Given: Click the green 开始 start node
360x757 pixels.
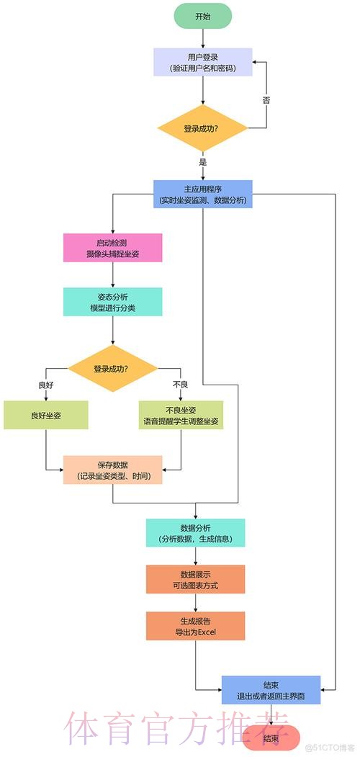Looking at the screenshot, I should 202,16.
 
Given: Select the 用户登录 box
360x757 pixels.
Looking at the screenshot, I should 202,62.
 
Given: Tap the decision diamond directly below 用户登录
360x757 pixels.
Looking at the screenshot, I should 202,128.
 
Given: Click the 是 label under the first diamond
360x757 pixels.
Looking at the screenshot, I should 203,162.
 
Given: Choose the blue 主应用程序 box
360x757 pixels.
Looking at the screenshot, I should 202,194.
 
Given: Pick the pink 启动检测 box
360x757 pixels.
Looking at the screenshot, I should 112,248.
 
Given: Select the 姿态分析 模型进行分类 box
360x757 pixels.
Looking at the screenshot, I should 112,302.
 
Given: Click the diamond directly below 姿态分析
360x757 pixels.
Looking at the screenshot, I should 112,369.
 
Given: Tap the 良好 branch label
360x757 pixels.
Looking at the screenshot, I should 45,385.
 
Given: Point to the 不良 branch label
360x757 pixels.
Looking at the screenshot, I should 180,385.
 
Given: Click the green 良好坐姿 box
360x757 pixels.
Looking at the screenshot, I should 45,416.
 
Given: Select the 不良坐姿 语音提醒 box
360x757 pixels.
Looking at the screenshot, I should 180,416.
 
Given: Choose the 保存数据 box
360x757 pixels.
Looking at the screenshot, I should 112,470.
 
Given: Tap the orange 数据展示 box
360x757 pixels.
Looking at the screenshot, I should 196,579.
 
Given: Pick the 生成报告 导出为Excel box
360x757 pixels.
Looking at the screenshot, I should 196,626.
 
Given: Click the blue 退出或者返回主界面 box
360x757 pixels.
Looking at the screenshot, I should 271,690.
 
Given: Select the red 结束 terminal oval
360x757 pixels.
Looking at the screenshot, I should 271,738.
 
